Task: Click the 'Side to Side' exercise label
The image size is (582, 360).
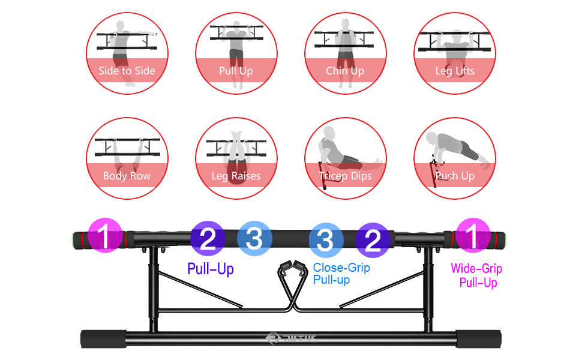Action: [x=127, y=71]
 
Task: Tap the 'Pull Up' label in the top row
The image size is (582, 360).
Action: [x=236, y=71]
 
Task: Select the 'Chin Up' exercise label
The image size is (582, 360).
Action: [x=345, y=71]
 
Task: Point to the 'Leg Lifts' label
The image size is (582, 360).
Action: [x=455, y=71]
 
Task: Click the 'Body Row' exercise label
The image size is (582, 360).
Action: [x=127, y=176]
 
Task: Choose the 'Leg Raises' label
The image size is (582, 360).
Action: [x=236, y=176]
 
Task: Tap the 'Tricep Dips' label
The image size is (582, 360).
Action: [x=345, y=176]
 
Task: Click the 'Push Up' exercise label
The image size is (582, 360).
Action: [x=455, y=176]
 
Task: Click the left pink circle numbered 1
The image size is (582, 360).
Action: [x=106, y=237]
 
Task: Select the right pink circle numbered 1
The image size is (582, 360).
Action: [x=473, y=237]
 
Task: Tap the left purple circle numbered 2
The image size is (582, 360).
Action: [x=208, y=239]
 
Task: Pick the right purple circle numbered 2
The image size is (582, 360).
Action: [x=373, y=241]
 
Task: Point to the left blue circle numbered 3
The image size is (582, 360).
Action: [x=255, y=238]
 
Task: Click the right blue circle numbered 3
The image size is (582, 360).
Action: [x=326, y=240]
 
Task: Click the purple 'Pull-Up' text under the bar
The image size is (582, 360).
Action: [x=211, y=268]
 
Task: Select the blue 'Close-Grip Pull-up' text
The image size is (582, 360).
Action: [x=341, y=274]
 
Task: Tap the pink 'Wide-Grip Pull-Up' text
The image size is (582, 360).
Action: [x=478, y=275]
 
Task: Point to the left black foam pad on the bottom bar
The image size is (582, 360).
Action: [x=103, y=338]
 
